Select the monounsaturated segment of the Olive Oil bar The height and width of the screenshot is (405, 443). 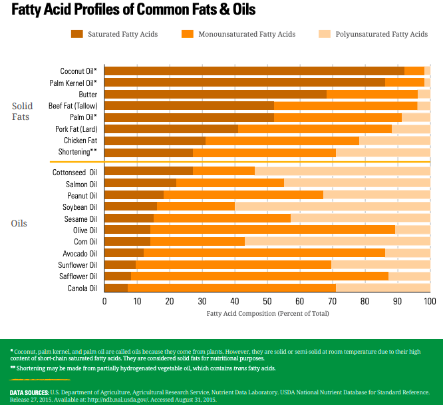pyautogui.click(x=273, y=229)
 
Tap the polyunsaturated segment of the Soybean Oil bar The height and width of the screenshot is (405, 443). pyautogui.click(x=333, y=206)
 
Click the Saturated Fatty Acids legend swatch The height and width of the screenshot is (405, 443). pyautogui.click(x=77, y=34)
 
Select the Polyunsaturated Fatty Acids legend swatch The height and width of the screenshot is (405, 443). pyautogui.click(x=325, y=34)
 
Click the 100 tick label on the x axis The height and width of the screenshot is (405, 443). pyautogui.click(x=430, y=301)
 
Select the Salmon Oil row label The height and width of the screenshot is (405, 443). pyautogui.click(x=81, y=183)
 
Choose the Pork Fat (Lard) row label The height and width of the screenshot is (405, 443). pyautogui.click(x=76, y=129)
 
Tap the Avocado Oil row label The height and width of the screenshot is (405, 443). pyautogui.click(x=80, y=253)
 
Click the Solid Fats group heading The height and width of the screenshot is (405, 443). pyautogui.click(x=22, y=111)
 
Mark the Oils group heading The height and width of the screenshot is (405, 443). pyautogui.click(x=19, y=223)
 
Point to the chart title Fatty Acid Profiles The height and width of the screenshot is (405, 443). pyautogui.click(x=134, y=10)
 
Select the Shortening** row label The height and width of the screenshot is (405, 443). pyautogui.click(x=78, y=152)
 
